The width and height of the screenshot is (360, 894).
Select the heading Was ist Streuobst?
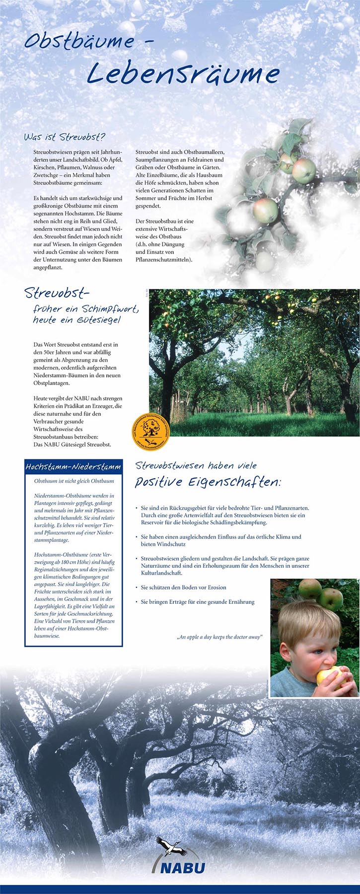tap(65, 137)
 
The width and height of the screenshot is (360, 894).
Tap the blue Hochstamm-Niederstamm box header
tap(73, 467)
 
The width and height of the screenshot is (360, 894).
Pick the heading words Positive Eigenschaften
tap(208, 482)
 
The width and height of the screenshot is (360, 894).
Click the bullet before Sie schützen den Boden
tap(137, 588)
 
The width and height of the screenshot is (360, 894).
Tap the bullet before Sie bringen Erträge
tap(137, 602)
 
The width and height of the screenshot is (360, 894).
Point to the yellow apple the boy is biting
tap(328, 675)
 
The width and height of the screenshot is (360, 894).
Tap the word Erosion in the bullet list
tap(215, 588)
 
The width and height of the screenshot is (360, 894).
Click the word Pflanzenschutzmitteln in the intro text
tap(164, 259)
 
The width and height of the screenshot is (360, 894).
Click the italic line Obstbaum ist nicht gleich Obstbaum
tap(74, 481)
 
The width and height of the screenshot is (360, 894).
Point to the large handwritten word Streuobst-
tap(57, 293)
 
